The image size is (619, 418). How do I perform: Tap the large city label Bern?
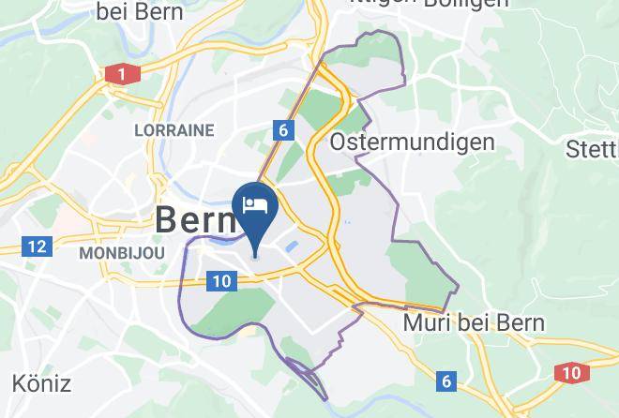click(x=193, y=221)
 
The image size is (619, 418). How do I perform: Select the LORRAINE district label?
click(x=174, y=130)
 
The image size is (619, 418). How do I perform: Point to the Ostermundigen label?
click(x=412, y=142)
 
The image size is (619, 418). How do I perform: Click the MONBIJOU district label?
click(x=122, y=253)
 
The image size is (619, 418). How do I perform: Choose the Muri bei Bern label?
click(x=474, y=323)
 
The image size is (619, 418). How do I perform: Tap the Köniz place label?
click(x=41, y=382)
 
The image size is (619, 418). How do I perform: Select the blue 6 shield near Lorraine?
click(x=282, y=130)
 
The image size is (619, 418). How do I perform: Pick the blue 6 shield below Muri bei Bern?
click(x=446, y=381)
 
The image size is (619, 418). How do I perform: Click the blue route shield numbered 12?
click(x=36, y=246)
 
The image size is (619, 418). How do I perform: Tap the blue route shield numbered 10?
click(x=221, y=280)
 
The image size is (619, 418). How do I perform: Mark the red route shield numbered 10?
click(x=572, y=373)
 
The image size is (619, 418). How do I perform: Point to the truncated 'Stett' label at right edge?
click(x=593, y=149)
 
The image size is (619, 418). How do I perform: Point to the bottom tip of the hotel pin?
click(x=254, y=255)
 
